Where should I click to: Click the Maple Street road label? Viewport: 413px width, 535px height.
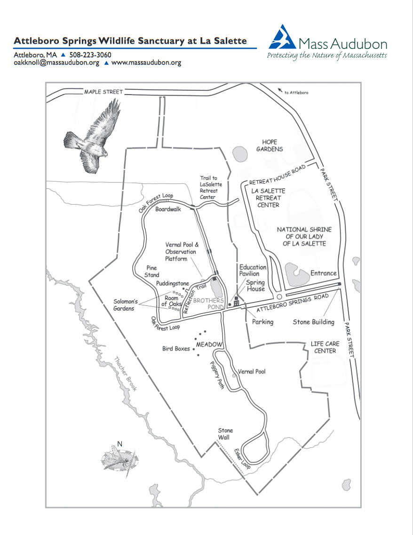[x=103, y=92]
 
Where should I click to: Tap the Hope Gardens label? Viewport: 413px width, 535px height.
[x=270, y=145]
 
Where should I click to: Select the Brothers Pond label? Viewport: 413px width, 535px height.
[x=208, y=303]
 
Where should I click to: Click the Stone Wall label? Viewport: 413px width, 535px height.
[x=225, y=434]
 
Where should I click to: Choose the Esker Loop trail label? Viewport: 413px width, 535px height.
[x=242, y=459]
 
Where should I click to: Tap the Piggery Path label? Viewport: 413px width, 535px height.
[x=217, y=375]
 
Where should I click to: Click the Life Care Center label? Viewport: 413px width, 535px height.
[x=325, y=347]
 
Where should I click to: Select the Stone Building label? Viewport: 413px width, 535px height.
[x=313, y=322]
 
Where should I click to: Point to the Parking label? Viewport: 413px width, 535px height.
[x=262, y=322]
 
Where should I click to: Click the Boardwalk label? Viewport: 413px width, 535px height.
[x=168, y=209]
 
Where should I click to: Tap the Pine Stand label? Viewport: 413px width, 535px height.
[x=152, y=271]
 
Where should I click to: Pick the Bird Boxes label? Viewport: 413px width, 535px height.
[x=176, y=349]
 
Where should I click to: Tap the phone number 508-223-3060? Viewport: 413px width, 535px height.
[x=90, y=55]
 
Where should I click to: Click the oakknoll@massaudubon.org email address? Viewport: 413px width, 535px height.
[x=56, y=63]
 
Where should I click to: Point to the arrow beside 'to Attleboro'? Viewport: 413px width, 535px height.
[x=280, y=90]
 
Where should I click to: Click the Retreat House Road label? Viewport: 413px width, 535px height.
[x=277, y=175]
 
